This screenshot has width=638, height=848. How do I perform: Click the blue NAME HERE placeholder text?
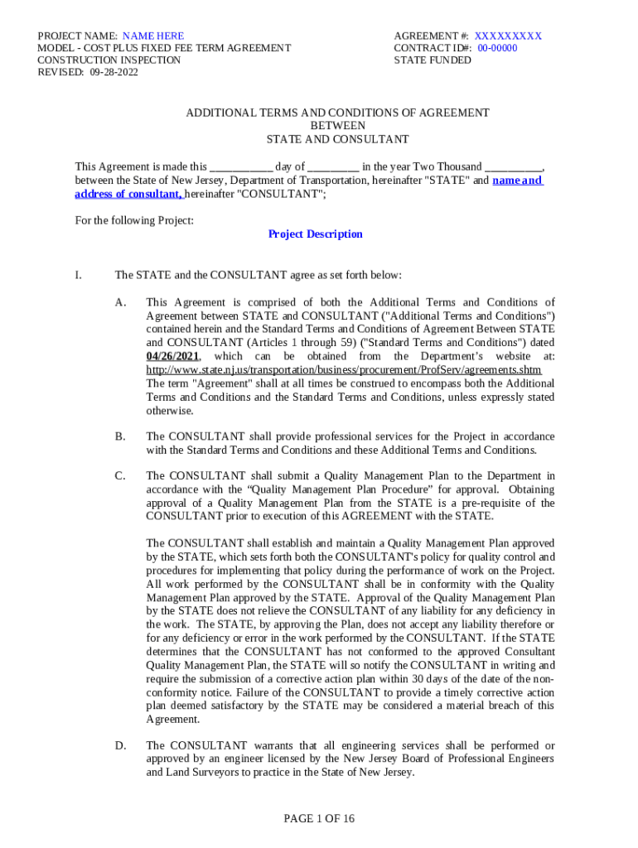(153, 36)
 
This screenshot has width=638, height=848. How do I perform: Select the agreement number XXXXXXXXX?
(508, 36)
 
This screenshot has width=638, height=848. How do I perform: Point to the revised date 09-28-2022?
(111, 72)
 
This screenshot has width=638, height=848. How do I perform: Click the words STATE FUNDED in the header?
(433, 60)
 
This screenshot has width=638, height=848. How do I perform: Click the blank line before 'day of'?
(241, 166)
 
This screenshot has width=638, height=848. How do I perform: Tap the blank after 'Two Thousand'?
(514, 166)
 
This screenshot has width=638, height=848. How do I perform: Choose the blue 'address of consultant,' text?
(128, 194)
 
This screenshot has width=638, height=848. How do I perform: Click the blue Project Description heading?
(315, 234)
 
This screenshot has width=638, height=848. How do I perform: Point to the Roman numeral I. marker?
(78, 275)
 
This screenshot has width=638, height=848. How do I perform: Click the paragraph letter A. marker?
(120, 302)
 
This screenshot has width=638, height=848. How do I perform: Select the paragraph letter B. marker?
(120, 436)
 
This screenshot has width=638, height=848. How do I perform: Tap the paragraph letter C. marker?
(120, 476)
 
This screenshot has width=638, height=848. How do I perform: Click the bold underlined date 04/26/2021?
(172, 356)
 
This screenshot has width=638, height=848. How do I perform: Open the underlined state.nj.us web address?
(343, 370)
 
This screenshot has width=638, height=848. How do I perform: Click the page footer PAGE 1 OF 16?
(319, 819)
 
